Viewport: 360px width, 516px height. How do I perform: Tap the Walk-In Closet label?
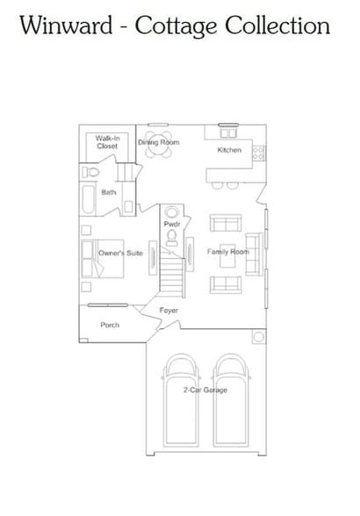[x=107, y=142]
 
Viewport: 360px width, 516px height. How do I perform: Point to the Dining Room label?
[x=158, y=142]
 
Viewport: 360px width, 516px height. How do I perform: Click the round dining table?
[x=159, y=149]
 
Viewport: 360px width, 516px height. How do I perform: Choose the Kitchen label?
[x=229, y=150]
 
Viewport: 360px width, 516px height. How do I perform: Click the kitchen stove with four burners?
[x=258, y=153]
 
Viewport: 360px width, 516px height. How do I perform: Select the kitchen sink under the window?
[x=228, y=133]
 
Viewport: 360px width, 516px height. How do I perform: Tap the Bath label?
[x=108, y=191]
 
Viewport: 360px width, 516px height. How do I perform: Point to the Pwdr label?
[x=171, y=225]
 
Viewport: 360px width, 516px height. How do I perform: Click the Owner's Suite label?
[x=120, y=253]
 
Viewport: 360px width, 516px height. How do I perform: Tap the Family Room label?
[x=228, y=252]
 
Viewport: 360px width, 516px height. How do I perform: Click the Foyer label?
[x=169, y=311]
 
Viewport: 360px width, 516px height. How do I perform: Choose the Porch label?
[x=110, y=325]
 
